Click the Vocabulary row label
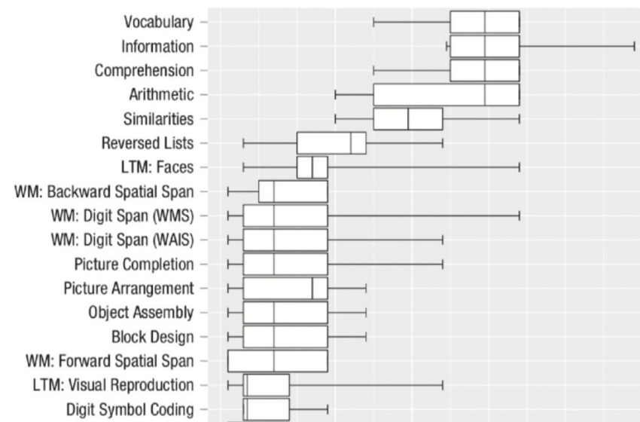[x=159, y=22]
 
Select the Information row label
[x=157, y=46]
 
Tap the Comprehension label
[x=144, y=71]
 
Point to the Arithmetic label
[x=161, y=95]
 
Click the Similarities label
[x=158, y=119]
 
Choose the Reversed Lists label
[x=148, y=143]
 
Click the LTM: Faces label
[x=157, y=167]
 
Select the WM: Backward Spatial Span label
[x=104, y=191]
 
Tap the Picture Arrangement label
[x=129, y=289]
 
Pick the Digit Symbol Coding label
[x=130, y=409]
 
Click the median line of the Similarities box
[x=408, y=119]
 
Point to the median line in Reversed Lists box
[x=351, y=143]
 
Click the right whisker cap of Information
[x=635, y=46]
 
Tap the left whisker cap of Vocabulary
[x=373, y=22]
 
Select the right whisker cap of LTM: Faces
[x=520, y=167]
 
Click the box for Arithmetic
[x=446, y=95]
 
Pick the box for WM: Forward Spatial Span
[x=278, y=361]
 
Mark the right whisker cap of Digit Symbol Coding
[x=328, y=409]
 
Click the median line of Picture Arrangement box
[x=312, y=289]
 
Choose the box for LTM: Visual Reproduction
[x=266, y=385]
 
